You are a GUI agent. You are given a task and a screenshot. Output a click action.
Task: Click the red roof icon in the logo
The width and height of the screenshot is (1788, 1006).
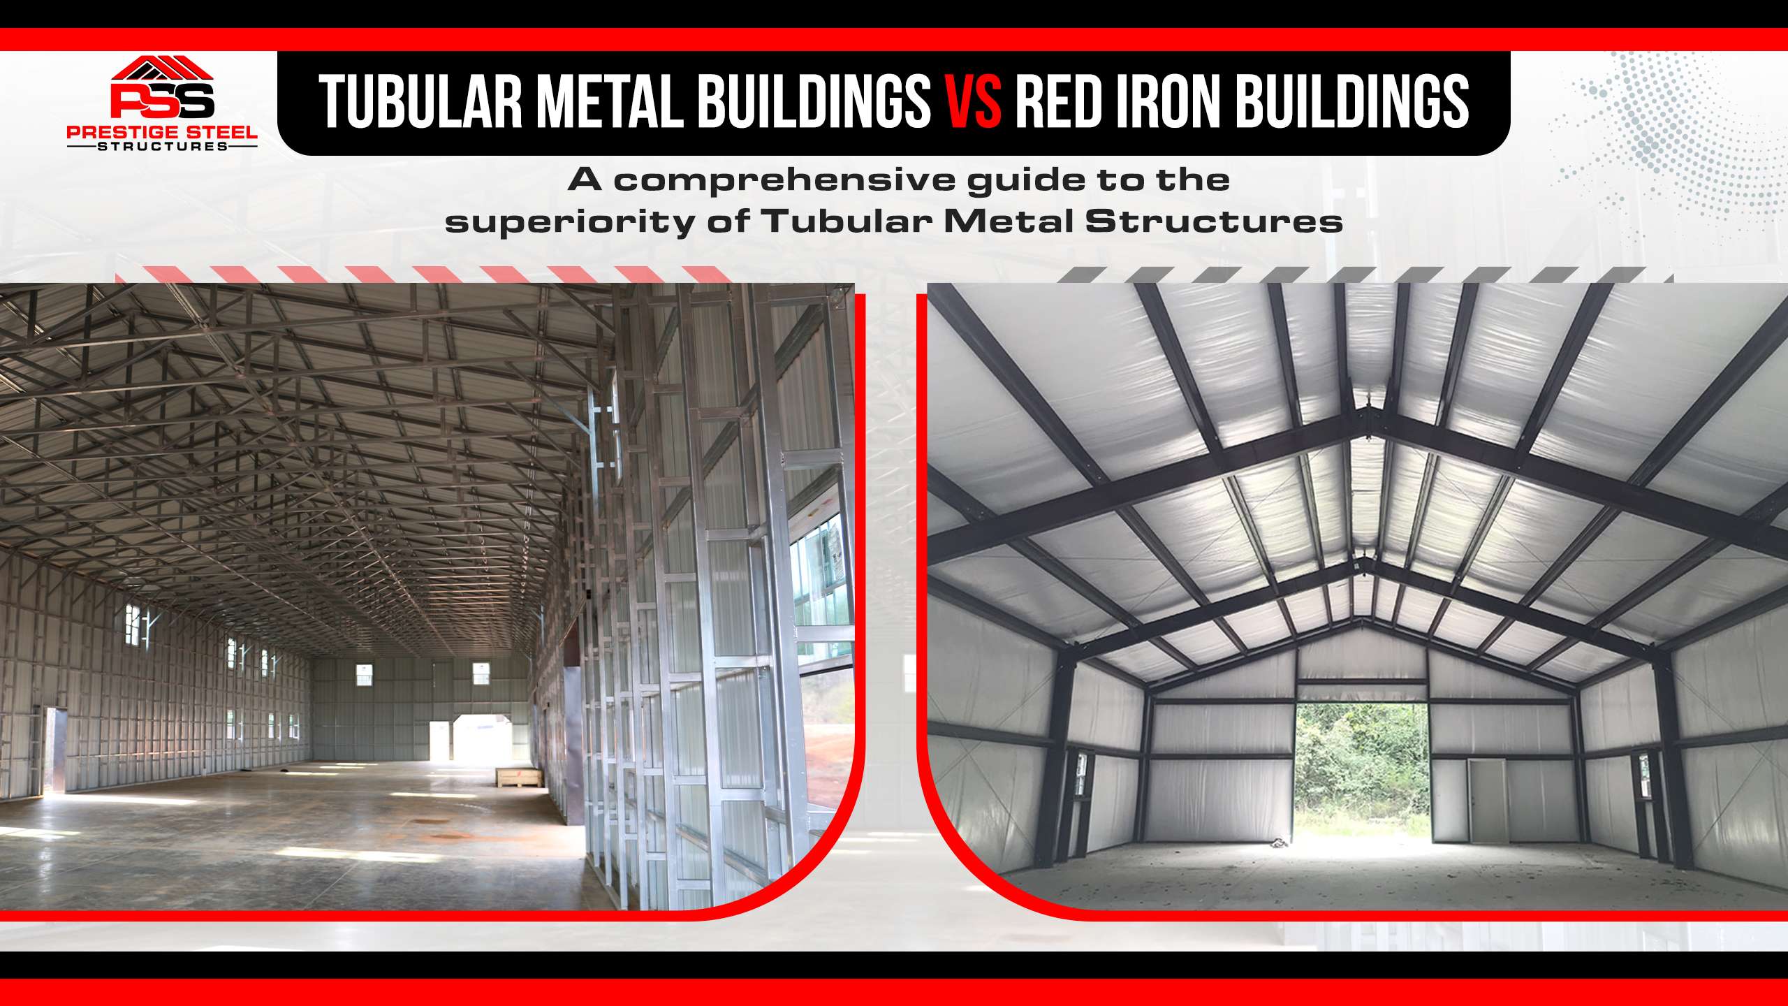pos(162,68)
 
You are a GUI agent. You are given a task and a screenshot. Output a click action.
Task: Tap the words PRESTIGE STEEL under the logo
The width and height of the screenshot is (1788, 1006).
pos(162,132)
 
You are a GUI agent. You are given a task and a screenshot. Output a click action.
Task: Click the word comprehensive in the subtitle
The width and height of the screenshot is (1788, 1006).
pos(784,181)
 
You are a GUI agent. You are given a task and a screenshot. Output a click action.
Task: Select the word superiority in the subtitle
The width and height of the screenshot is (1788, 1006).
pos(570,223)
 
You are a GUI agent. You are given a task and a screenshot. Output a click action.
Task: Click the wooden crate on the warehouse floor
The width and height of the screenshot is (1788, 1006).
pos(521,778)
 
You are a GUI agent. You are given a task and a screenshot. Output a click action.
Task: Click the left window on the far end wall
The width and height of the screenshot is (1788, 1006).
pos(364,675)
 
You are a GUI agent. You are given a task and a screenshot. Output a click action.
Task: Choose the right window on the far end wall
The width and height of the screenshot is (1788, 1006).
pos(481,673)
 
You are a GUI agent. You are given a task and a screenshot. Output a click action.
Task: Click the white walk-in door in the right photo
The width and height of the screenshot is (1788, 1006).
pos(1487,800)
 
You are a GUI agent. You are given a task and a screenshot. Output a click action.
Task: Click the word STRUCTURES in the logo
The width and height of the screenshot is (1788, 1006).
pos(162,146)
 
